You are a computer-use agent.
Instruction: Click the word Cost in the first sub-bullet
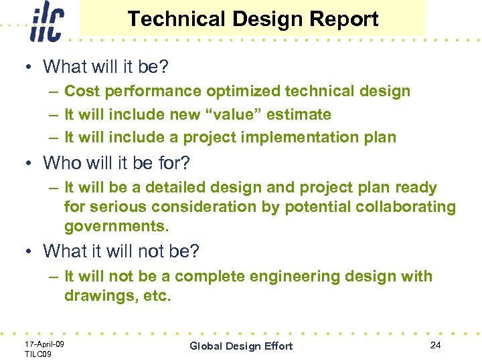click(x=80, y=91)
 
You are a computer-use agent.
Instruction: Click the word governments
click(x=116, y=227)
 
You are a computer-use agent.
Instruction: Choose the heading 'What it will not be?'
click(x=120, y=251)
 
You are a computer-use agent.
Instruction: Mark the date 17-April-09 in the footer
click(x=44, y=343)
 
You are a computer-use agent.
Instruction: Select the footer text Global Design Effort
click(x=241, y=346)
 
